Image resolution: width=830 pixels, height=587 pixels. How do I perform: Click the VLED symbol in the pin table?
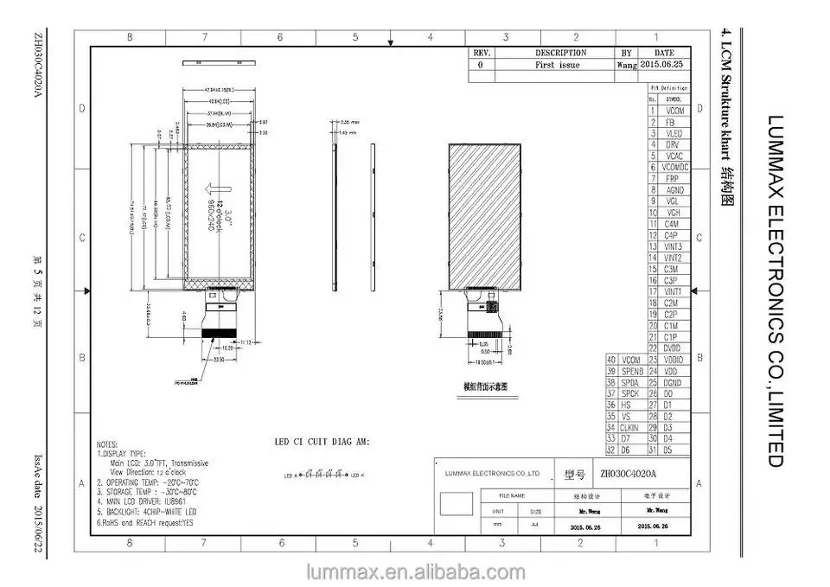coord(674,133)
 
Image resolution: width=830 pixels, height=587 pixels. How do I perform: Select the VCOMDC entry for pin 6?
coord(674,167)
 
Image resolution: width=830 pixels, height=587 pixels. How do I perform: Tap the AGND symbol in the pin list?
coord(674,189)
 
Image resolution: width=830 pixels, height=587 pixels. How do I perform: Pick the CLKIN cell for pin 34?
coord(630,427)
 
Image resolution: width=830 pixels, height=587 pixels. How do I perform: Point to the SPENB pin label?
coord(632,371)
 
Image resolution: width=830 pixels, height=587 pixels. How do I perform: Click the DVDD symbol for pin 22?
coord(673,348)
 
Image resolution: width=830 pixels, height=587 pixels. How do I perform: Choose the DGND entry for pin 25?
coord(673,382)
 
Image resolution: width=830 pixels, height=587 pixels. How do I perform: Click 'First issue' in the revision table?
coord(558,65)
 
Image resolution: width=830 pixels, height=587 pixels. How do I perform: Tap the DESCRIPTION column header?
coord(560,53)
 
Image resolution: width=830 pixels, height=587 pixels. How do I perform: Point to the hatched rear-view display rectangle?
coord(483,215)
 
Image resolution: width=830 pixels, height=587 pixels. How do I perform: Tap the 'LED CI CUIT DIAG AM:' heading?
coord(322,442)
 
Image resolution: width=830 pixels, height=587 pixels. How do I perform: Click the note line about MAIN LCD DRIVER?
coord(143,501)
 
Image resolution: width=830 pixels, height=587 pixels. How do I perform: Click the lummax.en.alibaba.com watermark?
coord(415,571)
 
